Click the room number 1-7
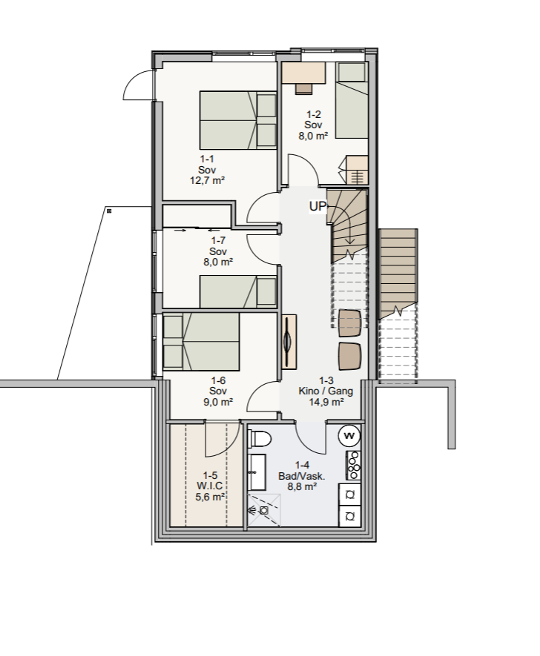click(x=218, y=240)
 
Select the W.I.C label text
click(x=210, y=486)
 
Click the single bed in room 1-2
click(x=352, y=100)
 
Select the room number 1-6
click(x=218, y=381)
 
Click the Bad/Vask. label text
click(x=302, y=476)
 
